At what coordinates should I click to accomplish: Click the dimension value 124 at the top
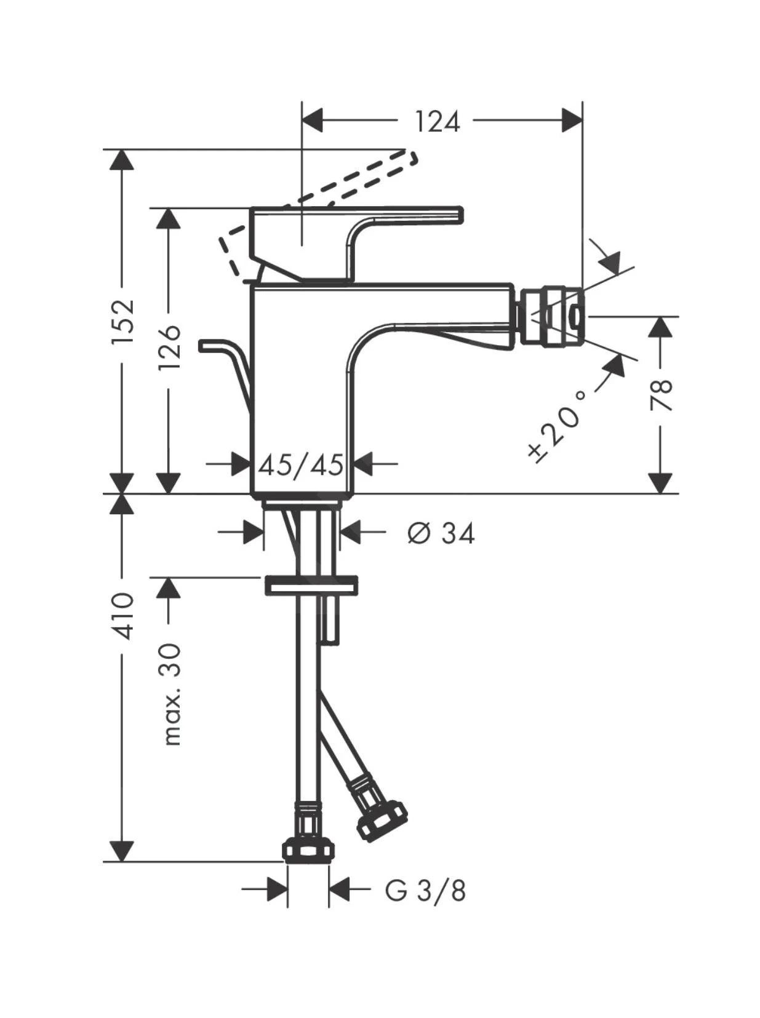(x=436, y=121)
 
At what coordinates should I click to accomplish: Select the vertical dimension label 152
(x=122, y=322)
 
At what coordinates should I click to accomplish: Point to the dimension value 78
(x=661, y=396)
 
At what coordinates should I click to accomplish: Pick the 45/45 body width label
(x=300, y=465)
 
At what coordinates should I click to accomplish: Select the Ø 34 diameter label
(x=441, y=533)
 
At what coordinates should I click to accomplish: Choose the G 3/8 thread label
(x=425, y=890)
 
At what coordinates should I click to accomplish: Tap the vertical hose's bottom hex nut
(x=309, y=851)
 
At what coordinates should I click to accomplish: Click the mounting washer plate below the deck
(x=311, y=585)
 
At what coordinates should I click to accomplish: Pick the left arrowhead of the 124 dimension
(x=313, y=120)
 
